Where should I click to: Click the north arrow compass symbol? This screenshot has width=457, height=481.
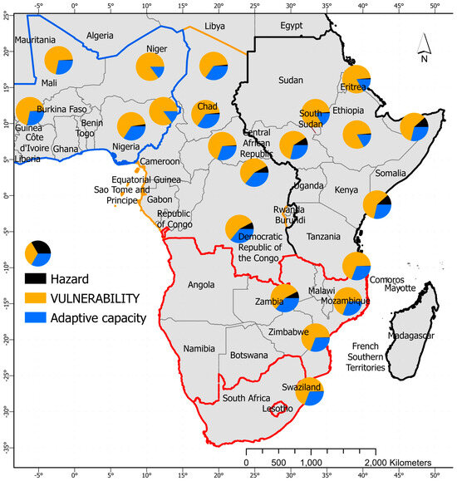tap(424, 48)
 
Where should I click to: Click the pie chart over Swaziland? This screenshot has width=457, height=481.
tap(309, 391)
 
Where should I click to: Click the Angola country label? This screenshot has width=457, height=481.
tap(201, 285)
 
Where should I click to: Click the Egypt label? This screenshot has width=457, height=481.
tap(291, 26)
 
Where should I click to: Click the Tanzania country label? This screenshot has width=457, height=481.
tap(323, 237)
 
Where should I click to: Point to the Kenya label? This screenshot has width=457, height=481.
tap(322, 190)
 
